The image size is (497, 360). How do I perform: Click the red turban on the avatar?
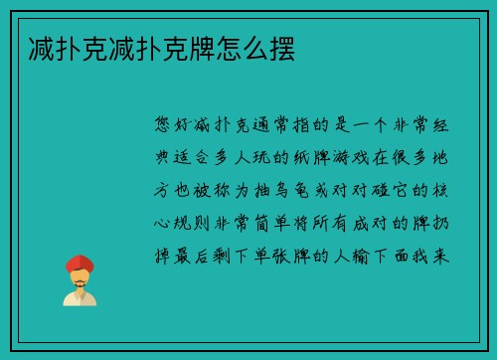pos(79,264)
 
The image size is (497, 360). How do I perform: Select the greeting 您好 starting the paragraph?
pos(173,124)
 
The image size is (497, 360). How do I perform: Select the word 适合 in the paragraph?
pos(194,156)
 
